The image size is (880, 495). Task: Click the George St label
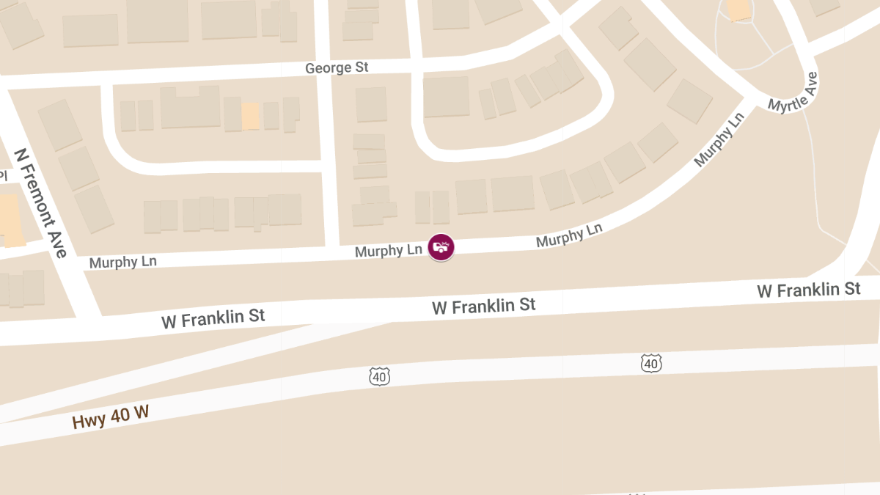point(337,67)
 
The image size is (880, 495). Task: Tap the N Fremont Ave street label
point(41,203)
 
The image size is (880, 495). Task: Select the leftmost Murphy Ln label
point(122,262)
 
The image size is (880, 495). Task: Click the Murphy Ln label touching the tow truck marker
point(388,251)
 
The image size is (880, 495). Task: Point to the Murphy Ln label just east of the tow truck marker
point(569,235)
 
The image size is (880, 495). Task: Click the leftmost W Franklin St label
point(213,318)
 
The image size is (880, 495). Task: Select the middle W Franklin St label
point(484,305)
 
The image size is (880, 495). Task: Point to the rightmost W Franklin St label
point(809,290)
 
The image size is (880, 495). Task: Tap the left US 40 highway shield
point(379,377)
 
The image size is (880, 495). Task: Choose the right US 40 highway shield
point(650,362)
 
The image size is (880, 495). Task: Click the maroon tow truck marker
point(441,247)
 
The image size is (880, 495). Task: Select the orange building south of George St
point(251,116)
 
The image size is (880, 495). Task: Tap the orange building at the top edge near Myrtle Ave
point(738,10)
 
